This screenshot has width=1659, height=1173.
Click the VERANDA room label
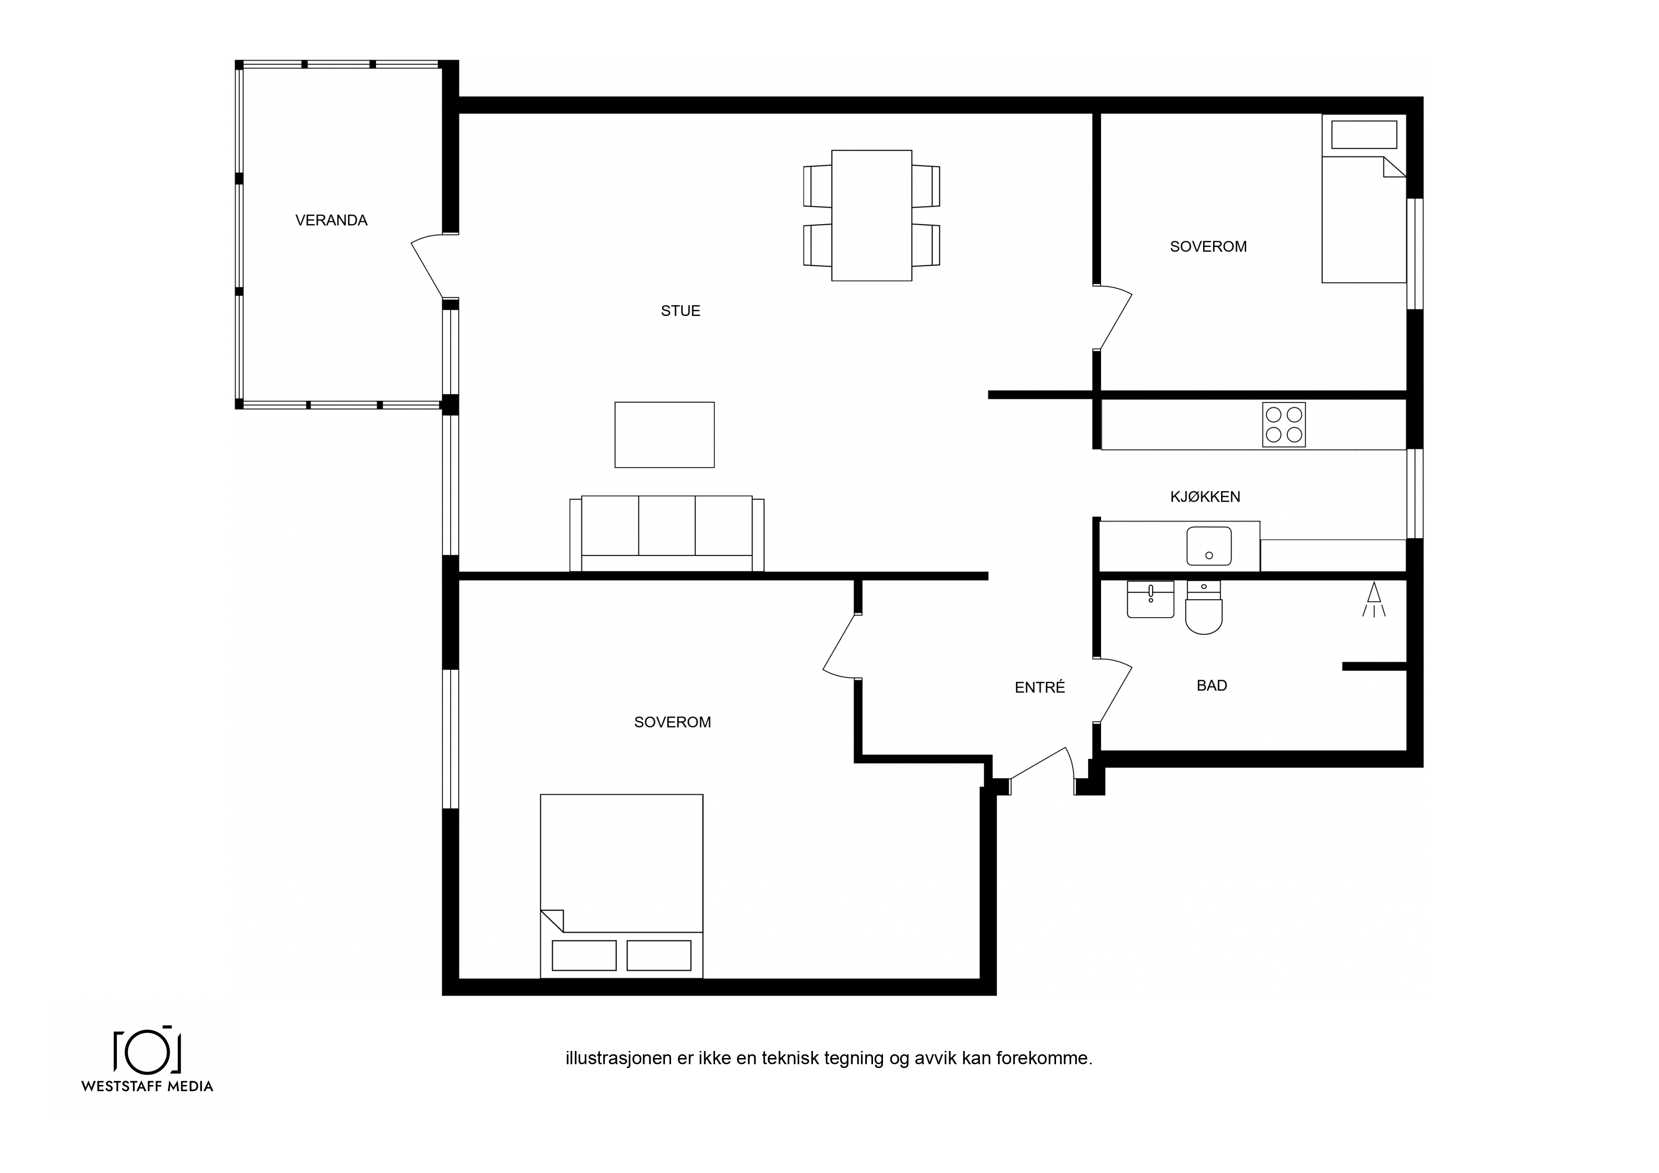(331, 220)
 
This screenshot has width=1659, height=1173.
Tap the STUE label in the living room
(681, 311)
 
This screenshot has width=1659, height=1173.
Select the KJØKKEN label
(1205, 497)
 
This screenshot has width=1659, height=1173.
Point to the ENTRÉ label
(1040, 687)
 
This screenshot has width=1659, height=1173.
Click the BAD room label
(1212, 685)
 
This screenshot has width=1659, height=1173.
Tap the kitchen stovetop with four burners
(1284, 424)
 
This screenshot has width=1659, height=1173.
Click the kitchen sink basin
(1209, 546)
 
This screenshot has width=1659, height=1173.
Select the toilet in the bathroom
(1204, 607)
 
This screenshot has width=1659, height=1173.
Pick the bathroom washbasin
(1150, 599)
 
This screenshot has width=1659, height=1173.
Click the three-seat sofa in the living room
(667, 534)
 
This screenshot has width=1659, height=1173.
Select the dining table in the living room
(872, 215)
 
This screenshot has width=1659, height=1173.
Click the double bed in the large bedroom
(621, 886)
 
